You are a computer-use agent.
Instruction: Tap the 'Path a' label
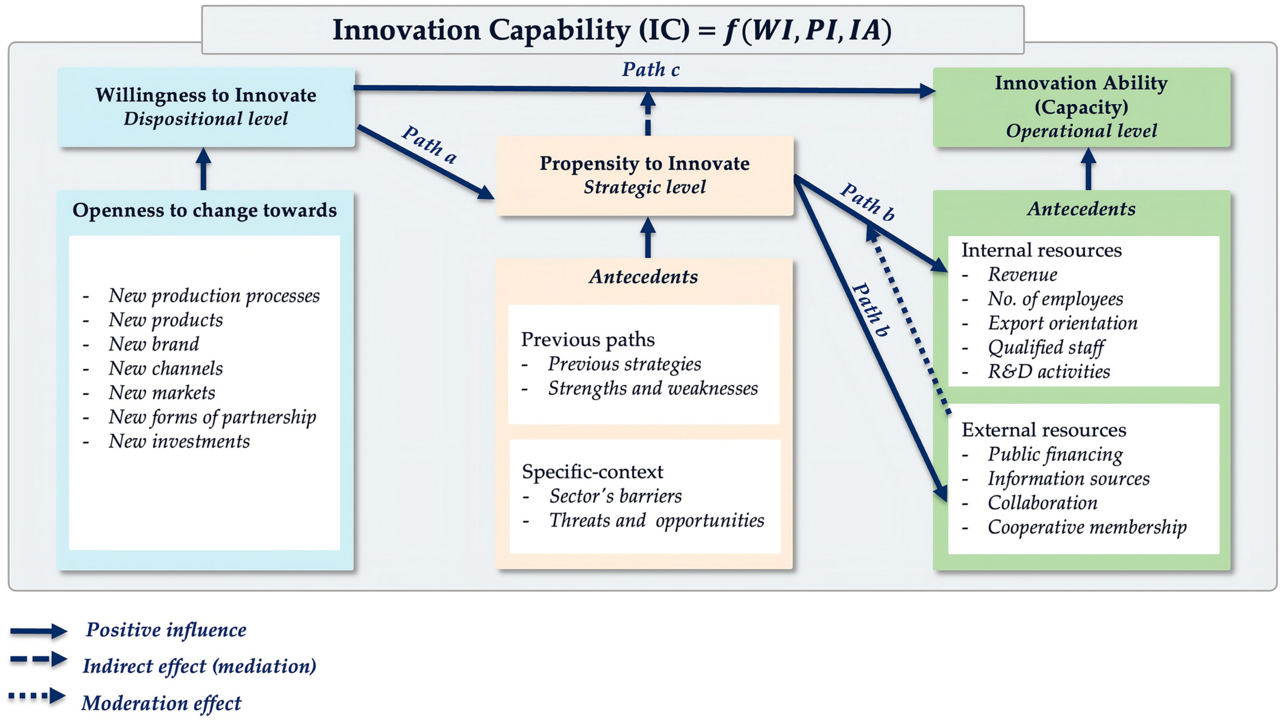pos(429,144)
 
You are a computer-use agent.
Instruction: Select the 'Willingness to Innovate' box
pos(206,107)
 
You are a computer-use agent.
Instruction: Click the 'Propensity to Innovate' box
pos(645,175)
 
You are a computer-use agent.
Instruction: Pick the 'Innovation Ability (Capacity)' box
pos(1081,107)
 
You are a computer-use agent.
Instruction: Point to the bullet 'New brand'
pos(154,344)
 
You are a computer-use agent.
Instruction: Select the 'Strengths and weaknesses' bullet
pos(652,388)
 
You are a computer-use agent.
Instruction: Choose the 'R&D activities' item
pos(1049,371)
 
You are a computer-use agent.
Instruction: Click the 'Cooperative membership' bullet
pos(1087,527)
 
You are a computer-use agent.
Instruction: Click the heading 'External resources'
pos(1044,430)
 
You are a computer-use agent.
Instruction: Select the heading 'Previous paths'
pos(588,340)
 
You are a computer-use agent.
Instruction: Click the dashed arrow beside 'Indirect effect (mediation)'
pos(38,659)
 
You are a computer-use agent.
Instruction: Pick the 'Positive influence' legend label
pos(166,630)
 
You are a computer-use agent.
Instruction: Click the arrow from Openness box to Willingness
pos(203,169)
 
